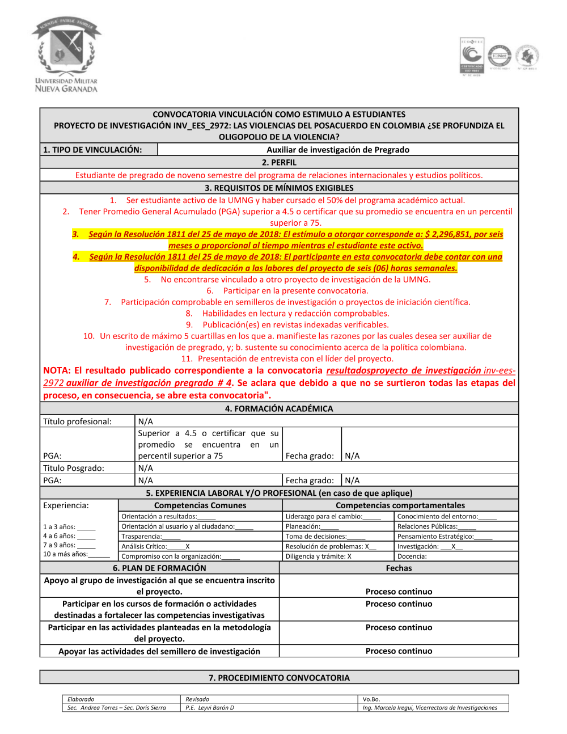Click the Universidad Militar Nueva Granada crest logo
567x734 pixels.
point(66,54)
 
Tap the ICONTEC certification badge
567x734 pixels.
point(471,56)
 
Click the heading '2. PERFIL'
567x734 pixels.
point(279,162)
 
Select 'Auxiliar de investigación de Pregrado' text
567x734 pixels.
point(338,150)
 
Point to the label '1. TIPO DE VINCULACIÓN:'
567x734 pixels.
point(92,150)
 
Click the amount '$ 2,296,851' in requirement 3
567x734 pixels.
point(447,234)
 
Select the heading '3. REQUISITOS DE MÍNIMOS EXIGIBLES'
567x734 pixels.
point(279,188)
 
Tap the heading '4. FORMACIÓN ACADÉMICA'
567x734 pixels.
point(279,408)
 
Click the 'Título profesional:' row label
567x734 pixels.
point(78,421)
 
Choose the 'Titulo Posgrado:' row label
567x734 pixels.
point(74,468)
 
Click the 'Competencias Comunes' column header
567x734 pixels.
point(200,505)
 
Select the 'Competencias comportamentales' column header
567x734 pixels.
point(400,505)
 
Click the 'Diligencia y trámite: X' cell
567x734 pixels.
point(319,556)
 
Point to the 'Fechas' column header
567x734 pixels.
point(399,568)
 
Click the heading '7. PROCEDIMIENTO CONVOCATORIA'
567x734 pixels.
point(279,678)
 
